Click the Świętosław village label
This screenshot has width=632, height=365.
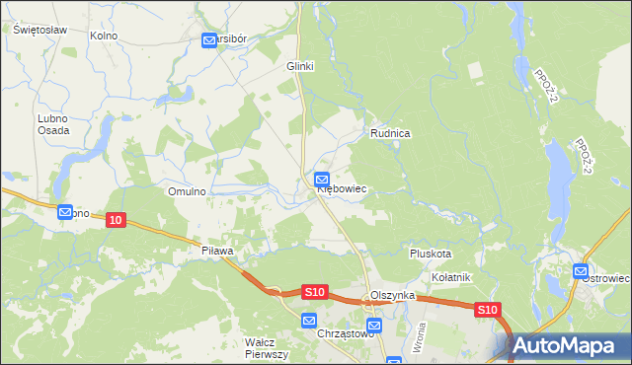[x=40, y=30]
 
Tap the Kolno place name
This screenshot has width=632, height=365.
[x=104, y=36]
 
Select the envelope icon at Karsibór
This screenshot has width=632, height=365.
[x=209, y=40]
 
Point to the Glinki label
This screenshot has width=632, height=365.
[x=299, y=66]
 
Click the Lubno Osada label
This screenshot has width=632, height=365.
[x=53, y=124]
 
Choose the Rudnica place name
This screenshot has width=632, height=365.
[x=390, y=132]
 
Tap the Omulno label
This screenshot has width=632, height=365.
[x=187, y=191]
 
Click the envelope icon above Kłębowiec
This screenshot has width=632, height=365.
[x=322, y=180]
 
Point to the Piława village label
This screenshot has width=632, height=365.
[x=216, y=252]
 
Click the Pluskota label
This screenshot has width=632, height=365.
[x=431, y=254]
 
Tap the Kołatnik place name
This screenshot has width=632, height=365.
[x=451, y=277]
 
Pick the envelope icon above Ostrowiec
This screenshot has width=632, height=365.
[x=581, y=271]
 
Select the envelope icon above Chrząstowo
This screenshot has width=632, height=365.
[x=309, y=321]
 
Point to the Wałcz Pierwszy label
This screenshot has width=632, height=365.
[x=266, y=348]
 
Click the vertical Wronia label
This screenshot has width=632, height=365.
[x=421, y=340]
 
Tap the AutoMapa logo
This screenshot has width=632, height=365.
[x=571, y=346]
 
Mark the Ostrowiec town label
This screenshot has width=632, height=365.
[x=605, y=279]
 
